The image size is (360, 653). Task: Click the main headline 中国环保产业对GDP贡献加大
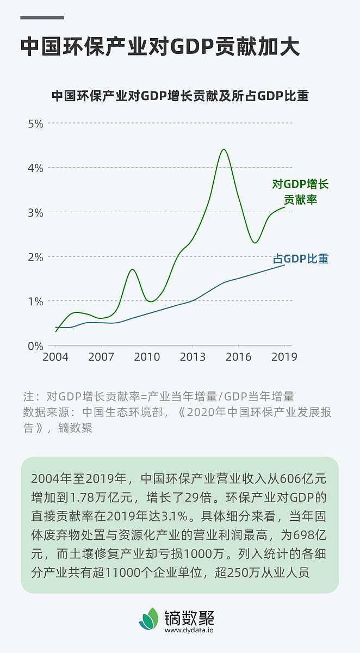pyautogui.click(x=160, y=47)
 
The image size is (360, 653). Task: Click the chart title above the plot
pyautogui.click(x=180, y=96)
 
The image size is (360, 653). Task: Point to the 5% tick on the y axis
pyautogui.click(x=35, y=124)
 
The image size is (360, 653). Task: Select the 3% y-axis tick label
pyautogui.click(x=35, y=212)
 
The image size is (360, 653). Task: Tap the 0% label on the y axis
pyautogui.click(x=35, y=346)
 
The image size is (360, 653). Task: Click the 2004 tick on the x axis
pyautogui.click(x=55, y=357)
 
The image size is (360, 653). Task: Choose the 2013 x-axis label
pyautogui.click(x=193, y=357)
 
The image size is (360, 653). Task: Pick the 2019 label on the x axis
pyautogui.click(x=284, y=357)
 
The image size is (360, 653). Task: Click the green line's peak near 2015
pyautogui.click(x=224, y=149)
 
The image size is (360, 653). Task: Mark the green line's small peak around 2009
pyautogui.click(x=132, y=269)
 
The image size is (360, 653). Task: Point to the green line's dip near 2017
pyautogui.click(x=255, y=243)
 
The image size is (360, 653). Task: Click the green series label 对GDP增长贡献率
pyautogui.click(x=300, y=192)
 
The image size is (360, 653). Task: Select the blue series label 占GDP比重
pyautogui.click(x=301, y=258)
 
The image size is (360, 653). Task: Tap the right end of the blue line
pyautogui.click(x=284, y=265)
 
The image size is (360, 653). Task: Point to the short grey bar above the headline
pyautogui.click(x=42, y=17)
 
